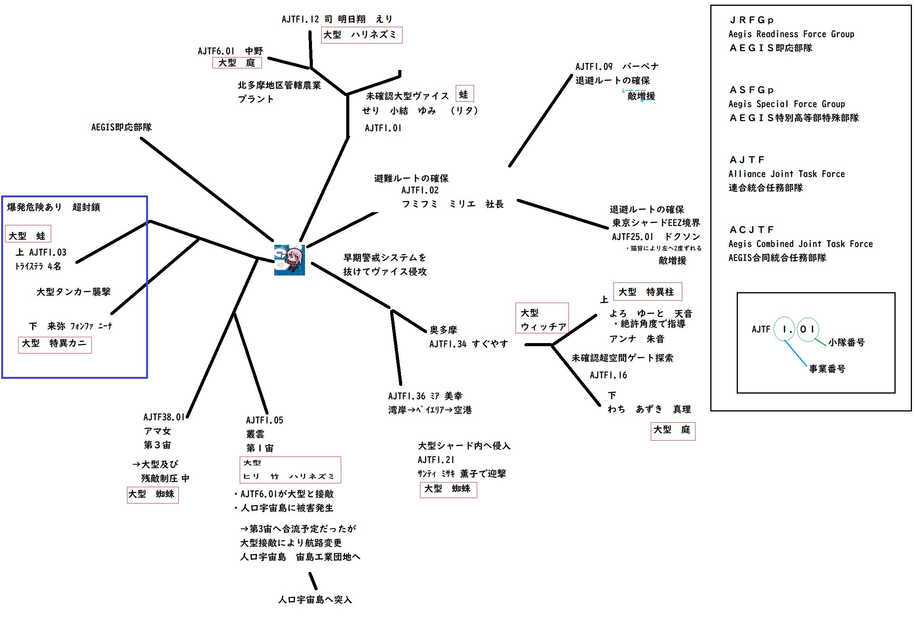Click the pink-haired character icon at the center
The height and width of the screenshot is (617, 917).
[x=289, y=260]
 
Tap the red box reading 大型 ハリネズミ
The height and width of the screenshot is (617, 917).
[x=361, y=35]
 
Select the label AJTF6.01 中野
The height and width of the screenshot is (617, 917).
[x=230, y=51]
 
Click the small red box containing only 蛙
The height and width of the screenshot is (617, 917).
[x=464, y=94]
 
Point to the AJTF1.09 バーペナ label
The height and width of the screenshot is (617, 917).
[x=617, y=66]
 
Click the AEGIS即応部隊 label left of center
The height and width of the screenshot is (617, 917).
[x=122, y=127]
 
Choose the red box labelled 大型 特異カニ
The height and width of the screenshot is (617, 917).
[x=55, y=344]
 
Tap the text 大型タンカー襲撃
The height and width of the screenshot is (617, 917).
[x=73, y=291]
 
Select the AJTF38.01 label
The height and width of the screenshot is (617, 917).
[x=164, y=417]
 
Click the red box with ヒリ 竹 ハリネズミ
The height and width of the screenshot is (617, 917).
[x=290, y=470]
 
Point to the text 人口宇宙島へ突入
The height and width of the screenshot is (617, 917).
[x=315, y=600]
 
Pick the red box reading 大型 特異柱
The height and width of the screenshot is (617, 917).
[x=647, y=292]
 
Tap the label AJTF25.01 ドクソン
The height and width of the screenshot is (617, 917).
[x=656, y=237]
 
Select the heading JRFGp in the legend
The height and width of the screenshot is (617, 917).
[x=751, y=20]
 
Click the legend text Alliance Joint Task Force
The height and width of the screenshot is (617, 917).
[x=786, y=174]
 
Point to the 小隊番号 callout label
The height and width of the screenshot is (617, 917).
[x=846, y=343]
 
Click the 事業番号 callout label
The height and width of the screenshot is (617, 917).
[x=826, y=369]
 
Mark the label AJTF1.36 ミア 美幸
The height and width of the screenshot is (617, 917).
[x=425, y=396]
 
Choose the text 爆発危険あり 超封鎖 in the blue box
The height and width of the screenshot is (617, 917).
[x=54, y=207]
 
